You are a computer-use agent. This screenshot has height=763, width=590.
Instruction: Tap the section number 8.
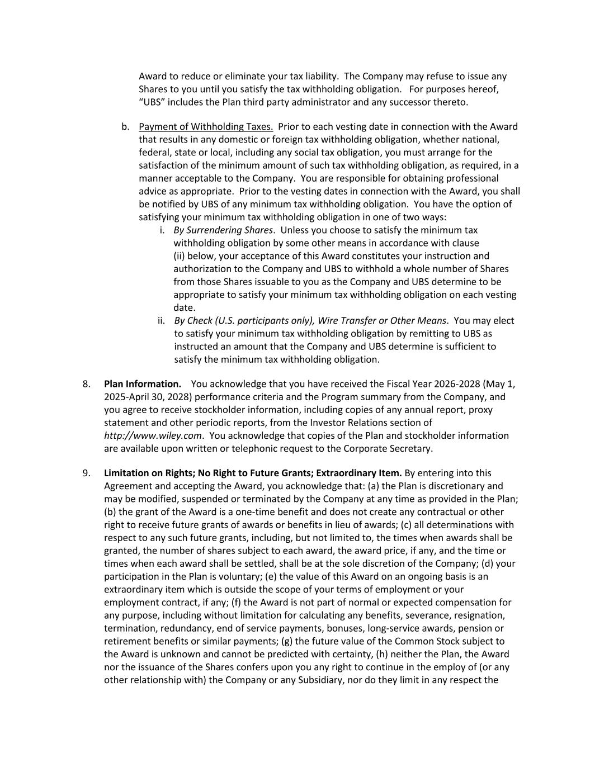[x=87, y=383]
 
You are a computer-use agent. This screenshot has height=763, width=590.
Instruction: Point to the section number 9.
[x=87, y=473]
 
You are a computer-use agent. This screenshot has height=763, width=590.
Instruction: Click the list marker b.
[x=125, y=126]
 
